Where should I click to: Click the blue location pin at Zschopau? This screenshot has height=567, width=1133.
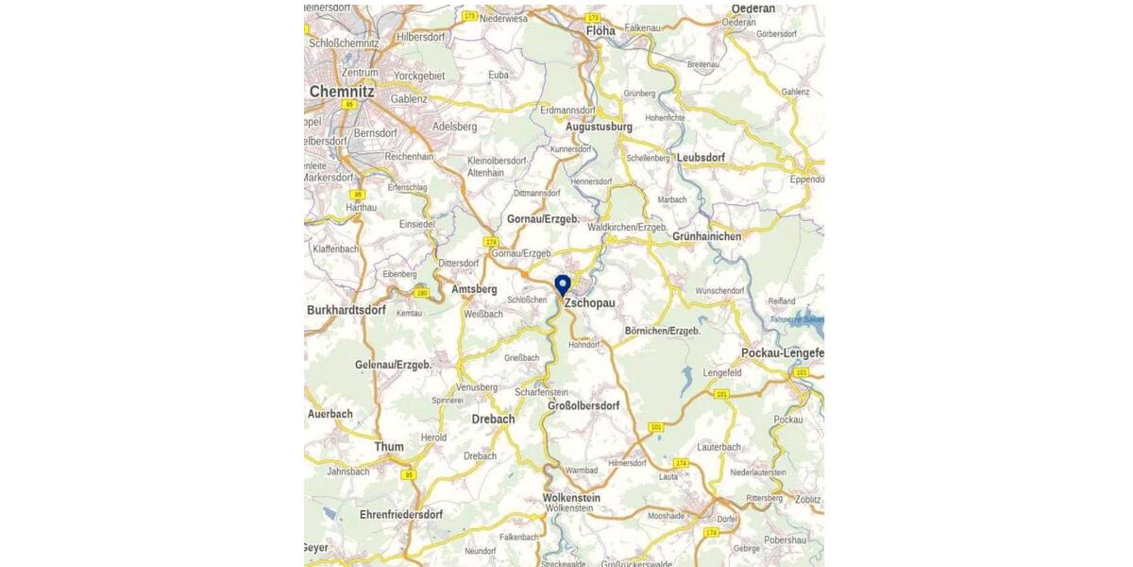click(563, 284)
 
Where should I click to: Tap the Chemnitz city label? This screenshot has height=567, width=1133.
click(342, 92)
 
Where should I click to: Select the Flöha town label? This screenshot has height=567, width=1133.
click(600, 31)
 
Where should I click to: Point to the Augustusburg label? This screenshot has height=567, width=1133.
click(599, 127)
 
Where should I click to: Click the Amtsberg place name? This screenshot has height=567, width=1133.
click(474, 289)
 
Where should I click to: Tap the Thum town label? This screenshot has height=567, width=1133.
click(389, 447)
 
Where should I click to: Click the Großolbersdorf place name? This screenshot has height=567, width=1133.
click(583, 406)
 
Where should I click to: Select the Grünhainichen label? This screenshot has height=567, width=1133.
click(707, 236)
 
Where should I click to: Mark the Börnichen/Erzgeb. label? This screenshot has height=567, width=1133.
click(663, 332)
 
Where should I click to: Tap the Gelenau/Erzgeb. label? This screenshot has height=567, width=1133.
click(393, 365)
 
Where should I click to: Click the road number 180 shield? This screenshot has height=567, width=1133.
click(421, 293)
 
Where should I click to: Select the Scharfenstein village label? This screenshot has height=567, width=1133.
click(542, 392)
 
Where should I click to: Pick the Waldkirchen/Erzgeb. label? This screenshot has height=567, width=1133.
click(627, 228)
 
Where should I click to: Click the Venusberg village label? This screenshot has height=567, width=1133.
click(477, 387)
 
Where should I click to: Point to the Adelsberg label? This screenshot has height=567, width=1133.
click(454, 126)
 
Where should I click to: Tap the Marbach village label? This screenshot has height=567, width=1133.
click(672, 200)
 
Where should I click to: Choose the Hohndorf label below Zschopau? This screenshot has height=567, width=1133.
click(583, 345)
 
